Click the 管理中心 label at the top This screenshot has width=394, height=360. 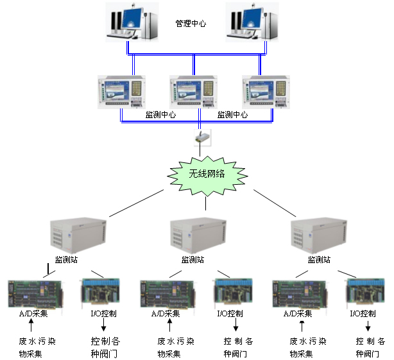(x=191, y=24)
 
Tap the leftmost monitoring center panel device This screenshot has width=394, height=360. (x=122, y=91)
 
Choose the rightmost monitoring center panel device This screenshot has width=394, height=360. (x=266, y=91)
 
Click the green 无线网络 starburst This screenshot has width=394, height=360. (x=207, y=174)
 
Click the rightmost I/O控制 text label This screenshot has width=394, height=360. (x=363, y=314)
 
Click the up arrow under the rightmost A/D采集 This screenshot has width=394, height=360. (x=300, y=327)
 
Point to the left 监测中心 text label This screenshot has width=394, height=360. (x=160, y=115)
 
